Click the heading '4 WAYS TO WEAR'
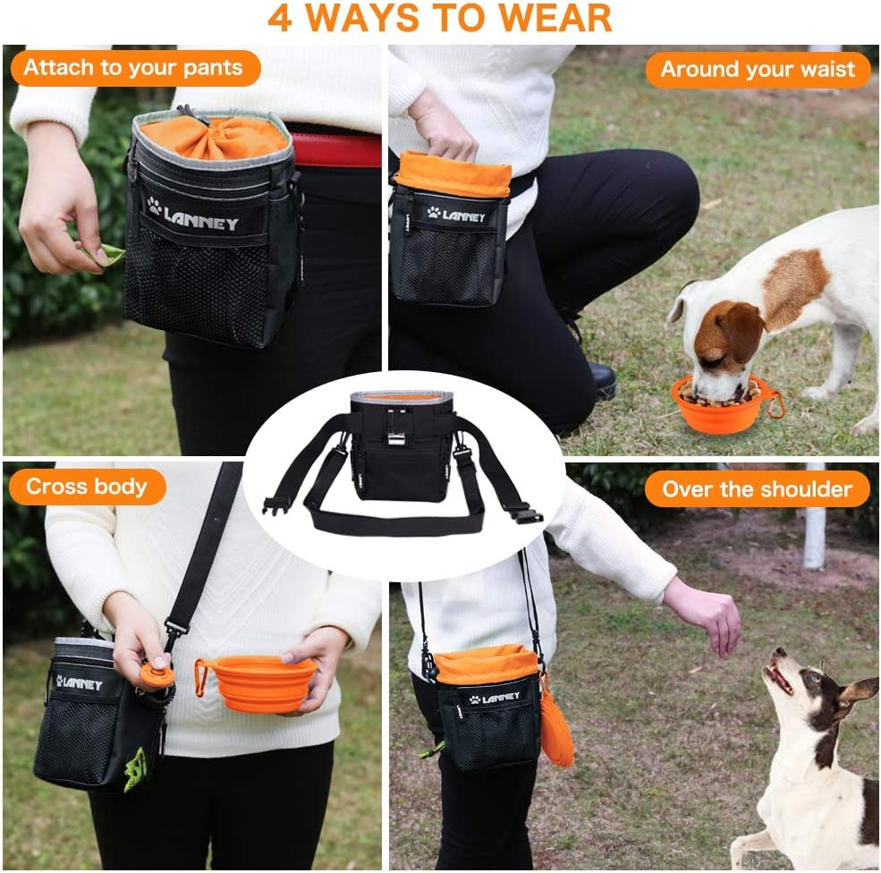439,18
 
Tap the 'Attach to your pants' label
132,68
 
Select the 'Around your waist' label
758,70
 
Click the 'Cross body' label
87,487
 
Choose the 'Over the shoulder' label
757,489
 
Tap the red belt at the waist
335,150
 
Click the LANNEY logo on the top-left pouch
195,216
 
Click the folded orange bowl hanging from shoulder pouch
555,730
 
